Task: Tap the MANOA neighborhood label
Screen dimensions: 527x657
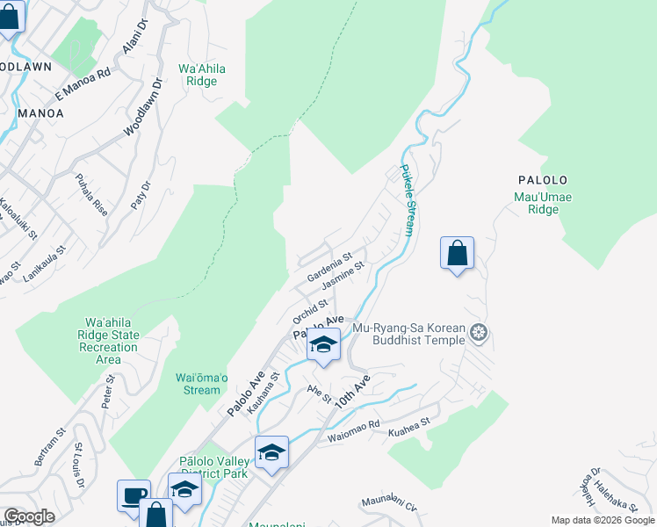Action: tap(40, 113)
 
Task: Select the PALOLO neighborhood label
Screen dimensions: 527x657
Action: tap(542, 180)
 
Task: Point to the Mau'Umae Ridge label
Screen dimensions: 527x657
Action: tap(543, 204)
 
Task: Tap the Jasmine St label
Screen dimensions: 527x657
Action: tap(343, 278)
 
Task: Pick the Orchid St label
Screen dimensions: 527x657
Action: tap(310, 311)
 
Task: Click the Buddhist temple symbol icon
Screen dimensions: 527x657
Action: tap(478, 333)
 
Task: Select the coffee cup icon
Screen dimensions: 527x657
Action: tap(133, 495)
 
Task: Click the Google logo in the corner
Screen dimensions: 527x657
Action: tap(29, 516)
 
